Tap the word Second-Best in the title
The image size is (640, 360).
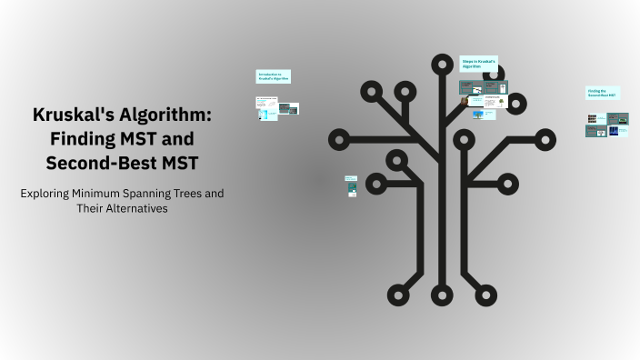(x=97, y=164)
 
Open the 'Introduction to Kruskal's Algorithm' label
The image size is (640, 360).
(x=273, y=76)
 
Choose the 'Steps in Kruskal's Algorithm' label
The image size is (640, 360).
(x=479, y=64)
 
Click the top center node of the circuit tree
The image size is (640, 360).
(x=442, y=64)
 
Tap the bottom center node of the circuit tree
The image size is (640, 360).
(x=442, y=294)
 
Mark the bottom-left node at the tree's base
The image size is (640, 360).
(x=398, y=294)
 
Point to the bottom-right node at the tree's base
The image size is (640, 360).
(x=485, y=294)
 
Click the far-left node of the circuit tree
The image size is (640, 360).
(x=340, y=140)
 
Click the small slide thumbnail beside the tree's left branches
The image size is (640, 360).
(x=351, y=186)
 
